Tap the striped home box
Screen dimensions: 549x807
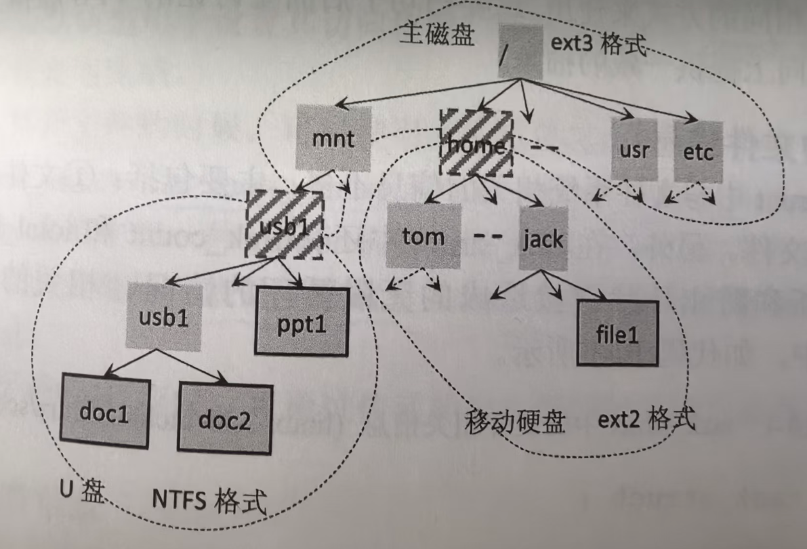(x=476, y=144)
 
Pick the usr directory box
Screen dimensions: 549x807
(x=634, y=150)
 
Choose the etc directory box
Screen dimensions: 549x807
(x=699, y=151)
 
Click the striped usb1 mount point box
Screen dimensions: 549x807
(x=285, y=224)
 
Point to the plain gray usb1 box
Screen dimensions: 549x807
(x=163, y=317)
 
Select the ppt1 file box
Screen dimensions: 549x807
(x=302, y=322)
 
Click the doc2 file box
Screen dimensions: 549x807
(x=224, y=418)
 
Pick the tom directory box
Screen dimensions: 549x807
(x=423, y=235)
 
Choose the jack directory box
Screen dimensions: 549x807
(x=543, y=238)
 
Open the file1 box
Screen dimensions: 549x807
(x=617, y=333)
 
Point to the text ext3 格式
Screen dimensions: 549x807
(x=598, y=48)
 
